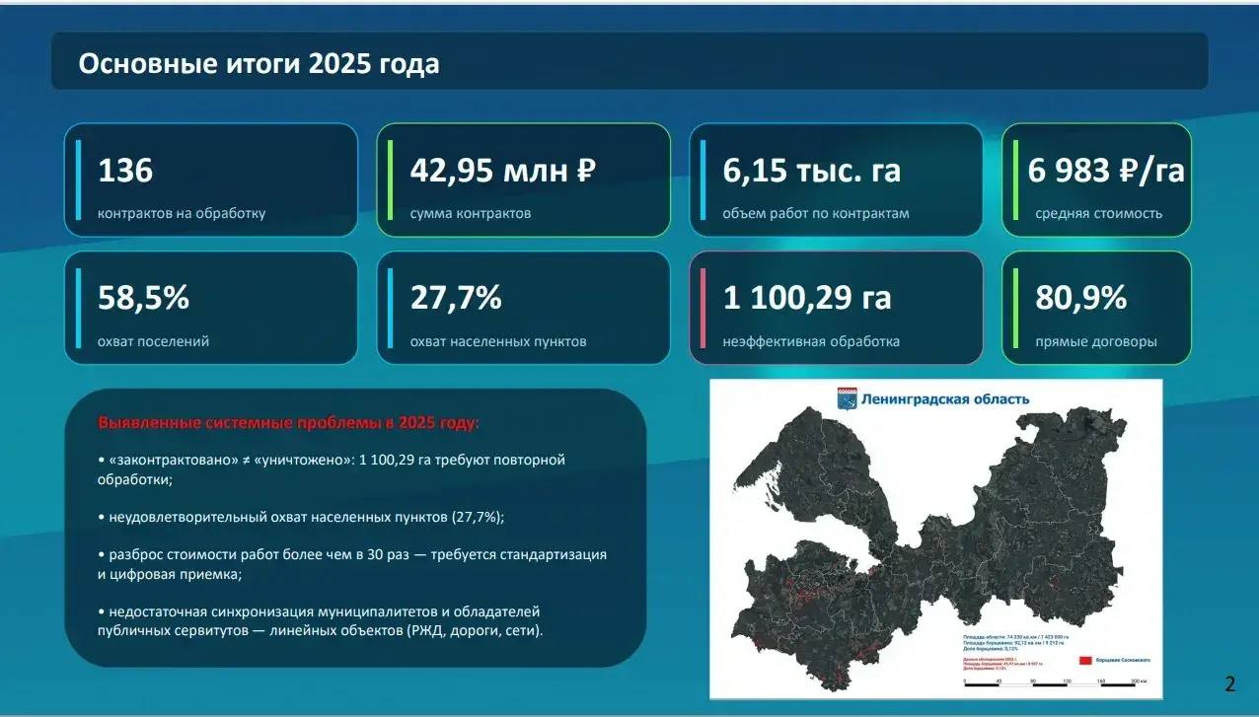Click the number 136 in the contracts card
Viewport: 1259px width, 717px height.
(125, 171)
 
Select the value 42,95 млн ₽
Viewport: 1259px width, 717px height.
(503, 171)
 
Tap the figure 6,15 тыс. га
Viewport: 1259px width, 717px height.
(811, 171)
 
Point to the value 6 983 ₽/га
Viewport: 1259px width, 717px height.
(1106, 171)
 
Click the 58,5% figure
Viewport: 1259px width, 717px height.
(143, 298)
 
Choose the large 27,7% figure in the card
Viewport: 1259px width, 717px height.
(456, 298)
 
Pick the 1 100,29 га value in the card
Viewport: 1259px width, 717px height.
(807, 298)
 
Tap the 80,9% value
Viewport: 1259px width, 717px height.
(1080, 298)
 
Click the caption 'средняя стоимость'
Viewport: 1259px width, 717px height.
(1098, 213)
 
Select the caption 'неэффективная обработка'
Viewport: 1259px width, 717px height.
(810, 342)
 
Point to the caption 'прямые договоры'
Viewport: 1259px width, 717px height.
(1095, 342)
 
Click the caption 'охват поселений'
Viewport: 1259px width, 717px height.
(153, 342)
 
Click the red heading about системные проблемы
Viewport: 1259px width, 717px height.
(288, 423)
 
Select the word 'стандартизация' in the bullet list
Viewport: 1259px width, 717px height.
(553, 554)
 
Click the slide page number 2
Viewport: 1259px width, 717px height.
(1229, 684)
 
